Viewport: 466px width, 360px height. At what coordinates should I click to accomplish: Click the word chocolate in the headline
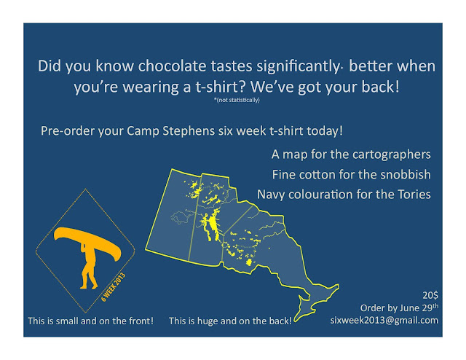(x=172, y=66)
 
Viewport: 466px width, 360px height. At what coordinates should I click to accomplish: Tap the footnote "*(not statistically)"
(x=237, y=100)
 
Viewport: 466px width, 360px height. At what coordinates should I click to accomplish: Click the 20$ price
(x=430, y=295)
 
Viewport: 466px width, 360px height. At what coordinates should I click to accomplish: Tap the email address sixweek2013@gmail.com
(x=384, y=320)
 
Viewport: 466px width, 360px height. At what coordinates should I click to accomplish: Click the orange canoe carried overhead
(x=87, y=242)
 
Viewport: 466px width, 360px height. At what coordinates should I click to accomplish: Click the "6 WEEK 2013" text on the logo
(x=114, y=287)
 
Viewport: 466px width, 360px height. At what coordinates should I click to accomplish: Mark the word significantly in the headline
(x=298, y=66)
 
